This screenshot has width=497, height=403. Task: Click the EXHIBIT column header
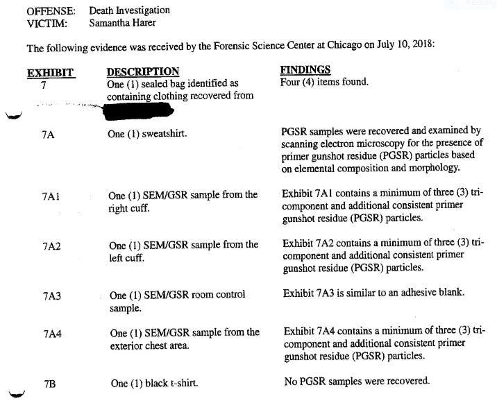pyautogui.click(x=50, y=72)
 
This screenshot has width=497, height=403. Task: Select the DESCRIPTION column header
pyautogui.click(x=142, y=72)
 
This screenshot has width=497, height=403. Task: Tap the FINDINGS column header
pyautogui.click(x=305, y=71)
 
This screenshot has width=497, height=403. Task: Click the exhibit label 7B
pyautogui.click(x=49, y=383)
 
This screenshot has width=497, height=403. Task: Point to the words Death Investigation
pyautogui.click(x=129, y=10)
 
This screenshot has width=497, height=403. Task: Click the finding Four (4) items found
pyautogui.click(x=323, y=82)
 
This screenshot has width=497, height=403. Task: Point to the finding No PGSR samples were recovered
pyautogui.click(x=357, y=381)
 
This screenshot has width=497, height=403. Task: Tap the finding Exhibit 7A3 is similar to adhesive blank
pyautogui.click(x=373, y=293)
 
